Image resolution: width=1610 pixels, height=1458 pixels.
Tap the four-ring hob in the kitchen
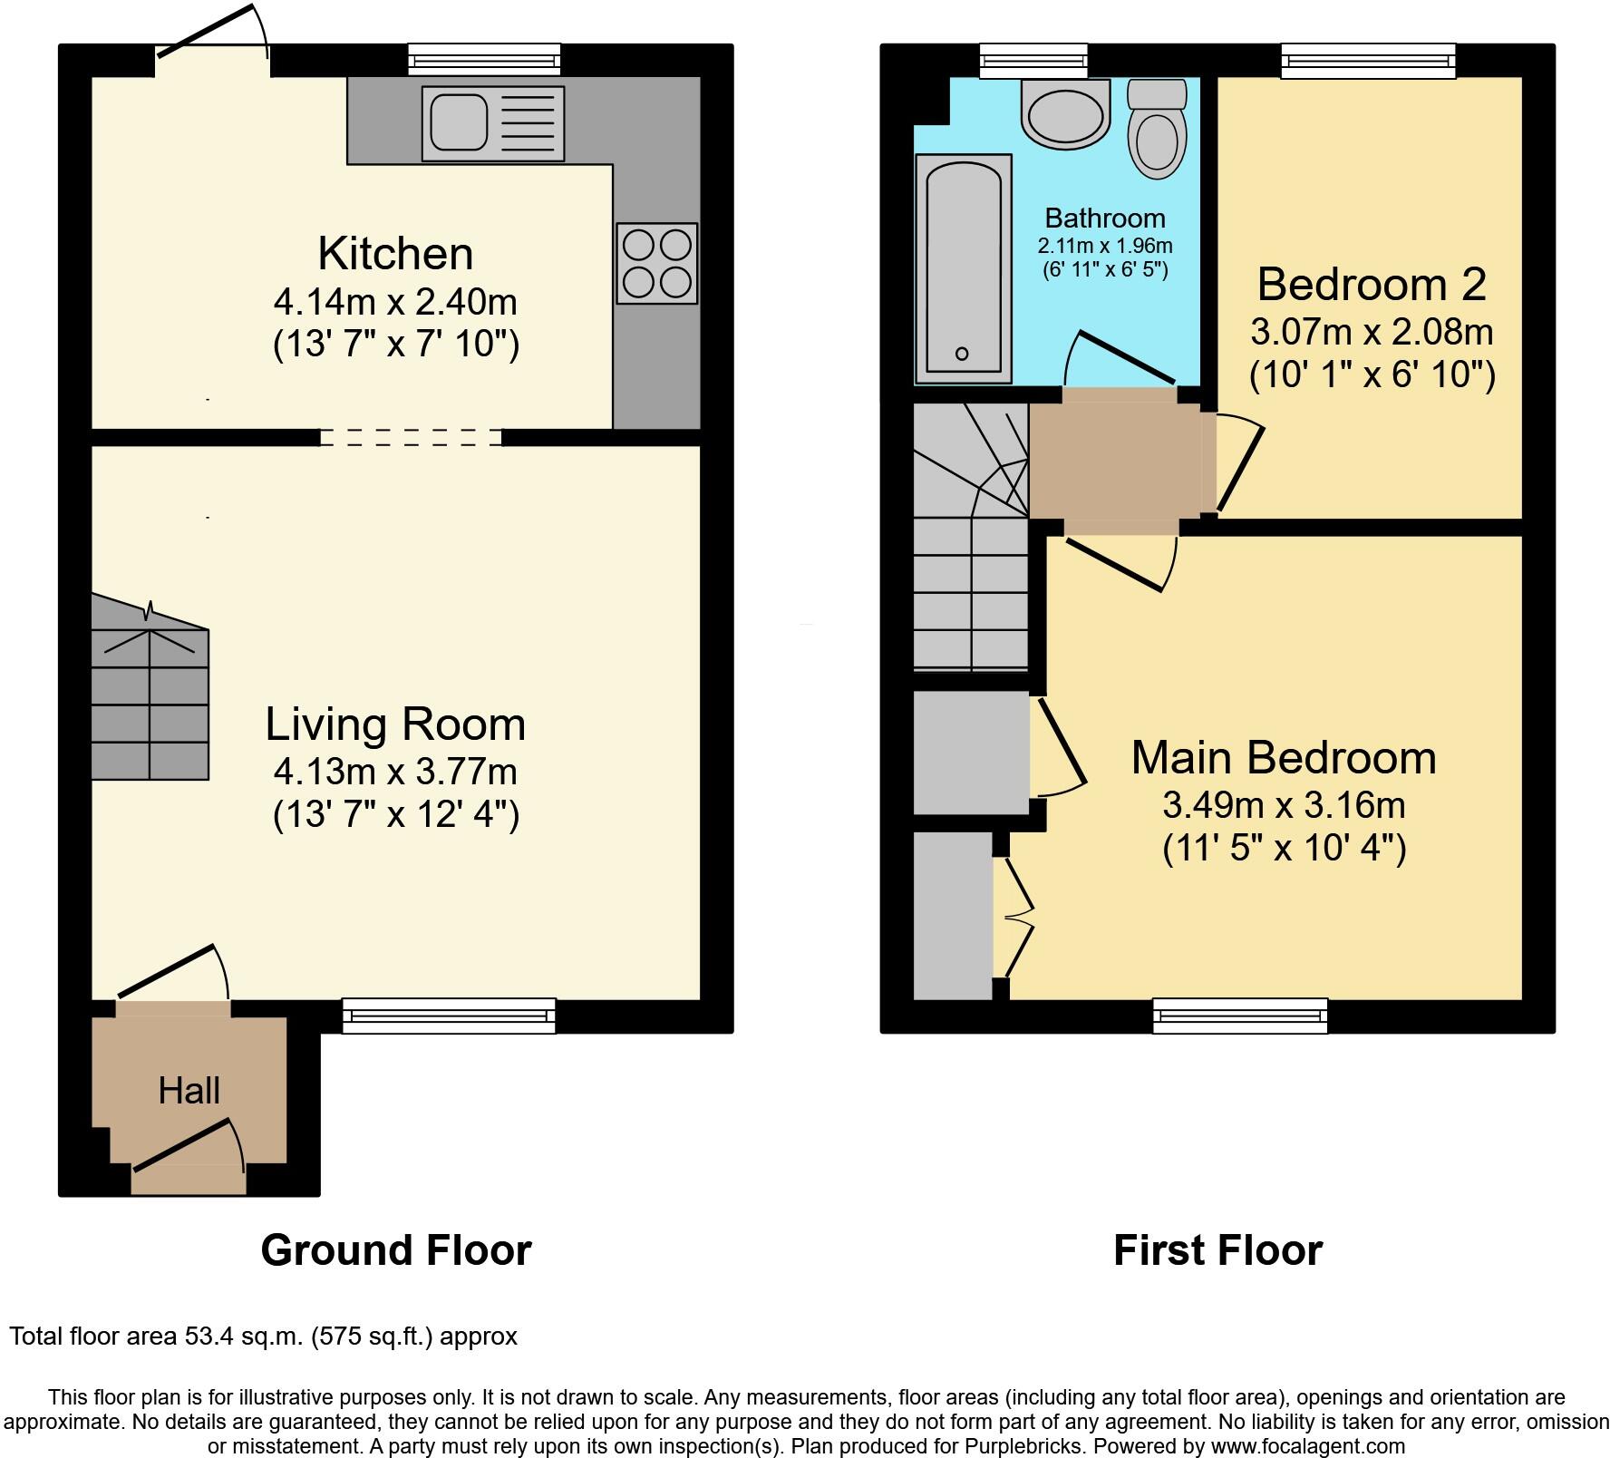[x=657, y=263]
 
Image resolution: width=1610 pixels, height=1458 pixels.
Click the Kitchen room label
[x=395, y=254]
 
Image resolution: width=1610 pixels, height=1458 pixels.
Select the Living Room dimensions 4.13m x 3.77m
[x=395, y=773]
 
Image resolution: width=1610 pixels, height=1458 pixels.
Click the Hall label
[x=189, y=1091]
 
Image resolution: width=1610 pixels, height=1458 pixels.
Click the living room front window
[x=449, y=1016]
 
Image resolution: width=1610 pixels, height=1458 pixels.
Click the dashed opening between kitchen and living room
[x=411, y=438]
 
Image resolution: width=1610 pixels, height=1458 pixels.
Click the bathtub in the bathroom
[x=964, y=269]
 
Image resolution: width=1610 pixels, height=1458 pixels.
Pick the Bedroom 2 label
[x=1372, y=286]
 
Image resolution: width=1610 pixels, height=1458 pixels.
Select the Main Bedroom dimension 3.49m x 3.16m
[x=1284, y=805]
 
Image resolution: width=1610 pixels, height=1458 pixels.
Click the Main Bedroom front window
[x=1240, y=1016]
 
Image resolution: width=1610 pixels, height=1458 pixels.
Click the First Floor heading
[x=1217, y=1250]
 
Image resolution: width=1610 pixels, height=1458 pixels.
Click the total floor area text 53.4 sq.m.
[x=263, y=1336]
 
